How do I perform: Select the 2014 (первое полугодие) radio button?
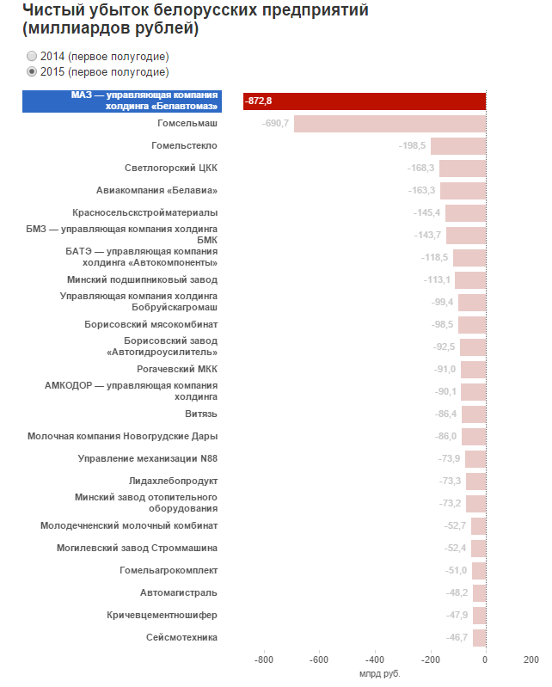(x=32, y=56)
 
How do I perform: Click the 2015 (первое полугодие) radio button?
(x=32, y=71)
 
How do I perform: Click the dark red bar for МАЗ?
(x=365, y=101)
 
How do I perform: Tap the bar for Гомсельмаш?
(x=389, y=124)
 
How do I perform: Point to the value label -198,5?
(x=412, y=145)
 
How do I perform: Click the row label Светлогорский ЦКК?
(x=171, y=168)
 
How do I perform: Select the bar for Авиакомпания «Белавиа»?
(x=463, y=191)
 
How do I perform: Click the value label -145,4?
(x=426, y=212)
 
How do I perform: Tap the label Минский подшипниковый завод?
(x=142, y=279)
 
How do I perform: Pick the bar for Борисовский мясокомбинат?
(x=472, y=325)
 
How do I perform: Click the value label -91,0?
(x=445, y=369)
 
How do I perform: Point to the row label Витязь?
(x=201, y=414)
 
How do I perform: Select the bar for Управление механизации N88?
(x=475, y=459)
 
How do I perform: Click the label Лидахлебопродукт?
(x=173, y=481)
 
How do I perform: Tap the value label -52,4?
(x=455, y=548)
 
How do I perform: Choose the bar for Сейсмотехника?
(x=480, y=638)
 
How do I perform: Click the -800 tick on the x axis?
(x=264, y=659)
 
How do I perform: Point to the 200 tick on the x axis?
(x=531, y=659)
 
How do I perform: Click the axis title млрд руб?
(x=380, y=674)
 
